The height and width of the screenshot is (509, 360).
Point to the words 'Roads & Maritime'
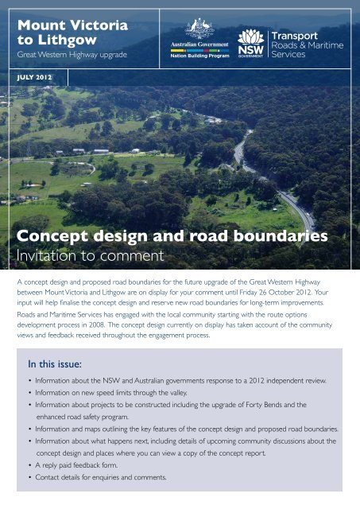[x=307, y=45]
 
